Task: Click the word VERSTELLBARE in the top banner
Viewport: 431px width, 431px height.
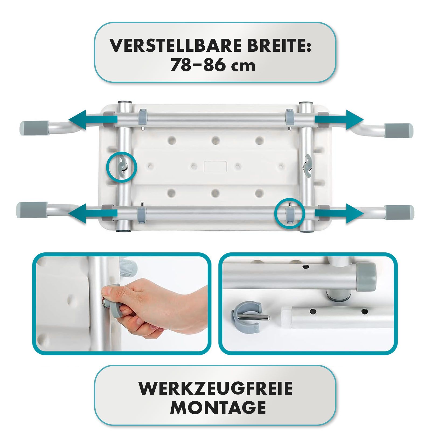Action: pos(175,46)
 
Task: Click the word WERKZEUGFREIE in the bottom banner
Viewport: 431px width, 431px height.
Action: pos(215,388)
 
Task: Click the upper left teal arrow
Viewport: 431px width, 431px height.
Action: pos(92,120)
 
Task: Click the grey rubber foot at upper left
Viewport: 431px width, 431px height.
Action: pos(34,127)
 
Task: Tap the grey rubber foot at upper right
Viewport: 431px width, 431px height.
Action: pos(398,131)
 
